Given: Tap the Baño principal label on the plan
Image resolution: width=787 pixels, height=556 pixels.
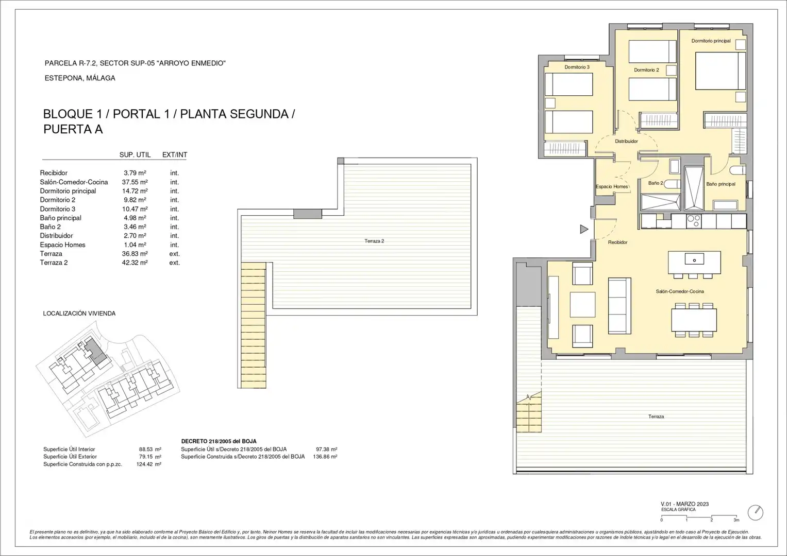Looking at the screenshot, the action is (721, 184).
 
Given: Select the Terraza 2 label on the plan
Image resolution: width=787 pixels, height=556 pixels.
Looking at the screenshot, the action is (374, 241).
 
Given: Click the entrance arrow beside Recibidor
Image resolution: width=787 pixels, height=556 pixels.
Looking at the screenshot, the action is (584, 229).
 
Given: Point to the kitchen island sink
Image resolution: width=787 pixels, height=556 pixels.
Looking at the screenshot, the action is (694, 259).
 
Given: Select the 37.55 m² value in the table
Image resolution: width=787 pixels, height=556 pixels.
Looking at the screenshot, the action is (135, 182).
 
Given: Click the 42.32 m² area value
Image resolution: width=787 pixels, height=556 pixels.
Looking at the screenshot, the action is (135, 263).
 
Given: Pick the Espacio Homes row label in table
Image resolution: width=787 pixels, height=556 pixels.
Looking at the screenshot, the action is (62, 245).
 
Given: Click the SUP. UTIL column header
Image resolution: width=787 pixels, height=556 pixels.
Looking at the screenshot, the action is (135, 155).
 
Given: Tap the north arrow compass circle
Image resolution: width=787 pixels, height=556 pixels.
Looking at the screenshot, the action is (756, 512).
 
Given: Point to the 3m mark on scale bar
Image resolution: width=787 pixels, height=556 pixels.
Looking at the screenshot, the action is (736, 520).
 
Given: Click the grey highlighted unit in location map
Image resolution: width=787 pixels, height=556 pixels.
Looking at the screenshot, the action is (95, 352).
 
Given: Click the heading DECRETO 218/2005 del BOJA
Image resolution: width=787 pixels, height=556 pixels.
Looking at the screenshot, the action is (219, 441).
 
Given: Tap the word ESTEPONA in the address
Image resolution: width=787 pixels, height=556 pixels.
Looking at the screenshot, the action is (63, 78).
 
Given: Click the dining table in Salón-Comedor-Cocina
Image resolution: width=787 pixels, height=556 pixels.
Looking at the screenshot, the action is (694, 320).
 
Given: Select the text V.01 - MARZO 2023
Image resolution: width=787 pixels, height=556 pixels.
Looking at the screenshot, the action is (685, 503).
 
